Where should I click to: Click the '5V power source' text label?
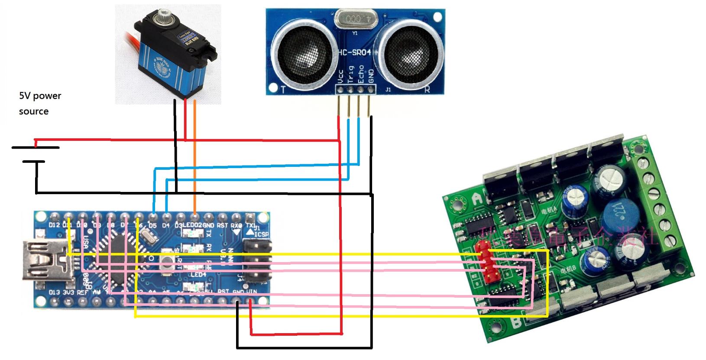point(40,104)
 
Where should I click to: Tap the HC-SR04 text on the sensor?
point(354,52)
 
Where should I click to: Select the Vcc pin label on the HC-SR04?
point(341,76)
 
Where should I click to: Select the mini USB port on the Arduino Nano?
point(43,259)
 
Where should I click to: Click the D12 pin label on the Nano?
point(54,225)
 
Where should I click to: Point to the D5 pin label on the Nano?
point(152,225)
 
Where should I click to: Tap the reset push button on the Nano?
point(166,264)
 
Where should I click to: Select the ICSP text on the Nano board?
point(262,234)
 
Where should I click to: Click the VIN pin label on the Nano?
point(251,292)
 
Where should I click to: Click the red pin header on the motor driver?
point(485,262)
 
